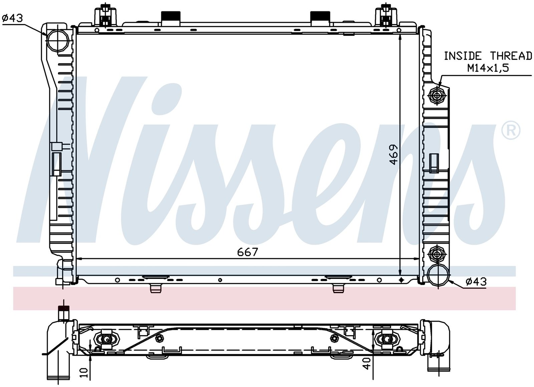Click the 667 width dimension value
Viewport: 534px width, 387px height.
point(247,252)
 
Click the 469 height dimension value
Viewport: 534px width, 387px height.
point(393,154)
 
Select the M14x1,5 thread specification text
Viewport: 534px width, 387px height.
point(488,68)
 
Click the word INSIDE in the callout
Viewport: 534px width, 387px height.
point(463,56)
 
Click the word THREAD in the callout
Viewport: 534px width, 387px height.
point(511,56)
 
